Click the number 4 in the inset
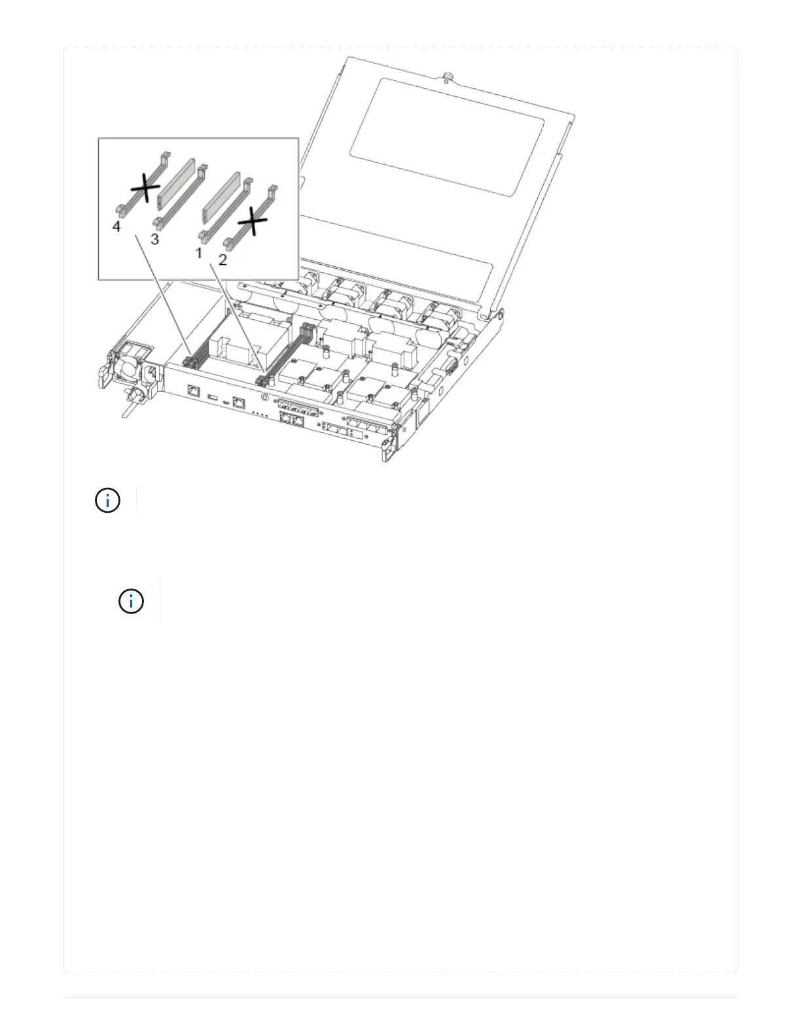click(116, 227)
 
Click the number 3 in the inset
click(154, 239)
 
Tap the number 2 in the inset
click(222, 260)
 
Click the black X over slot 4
click(145, 189)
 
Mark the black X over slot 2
click(252, 225)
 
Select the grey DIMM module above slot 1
click(223, 196)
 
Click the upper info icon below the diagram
click(107, 501)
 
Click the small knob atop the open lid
click(448, 77)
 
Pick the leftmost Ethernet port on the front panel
click(193, 392)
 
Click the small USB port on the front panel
click(211, 397)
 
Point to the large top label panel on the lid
click(447, 137)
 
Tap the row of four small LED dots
click(260, 413)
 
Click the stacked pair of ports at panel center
click(292, 420)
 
